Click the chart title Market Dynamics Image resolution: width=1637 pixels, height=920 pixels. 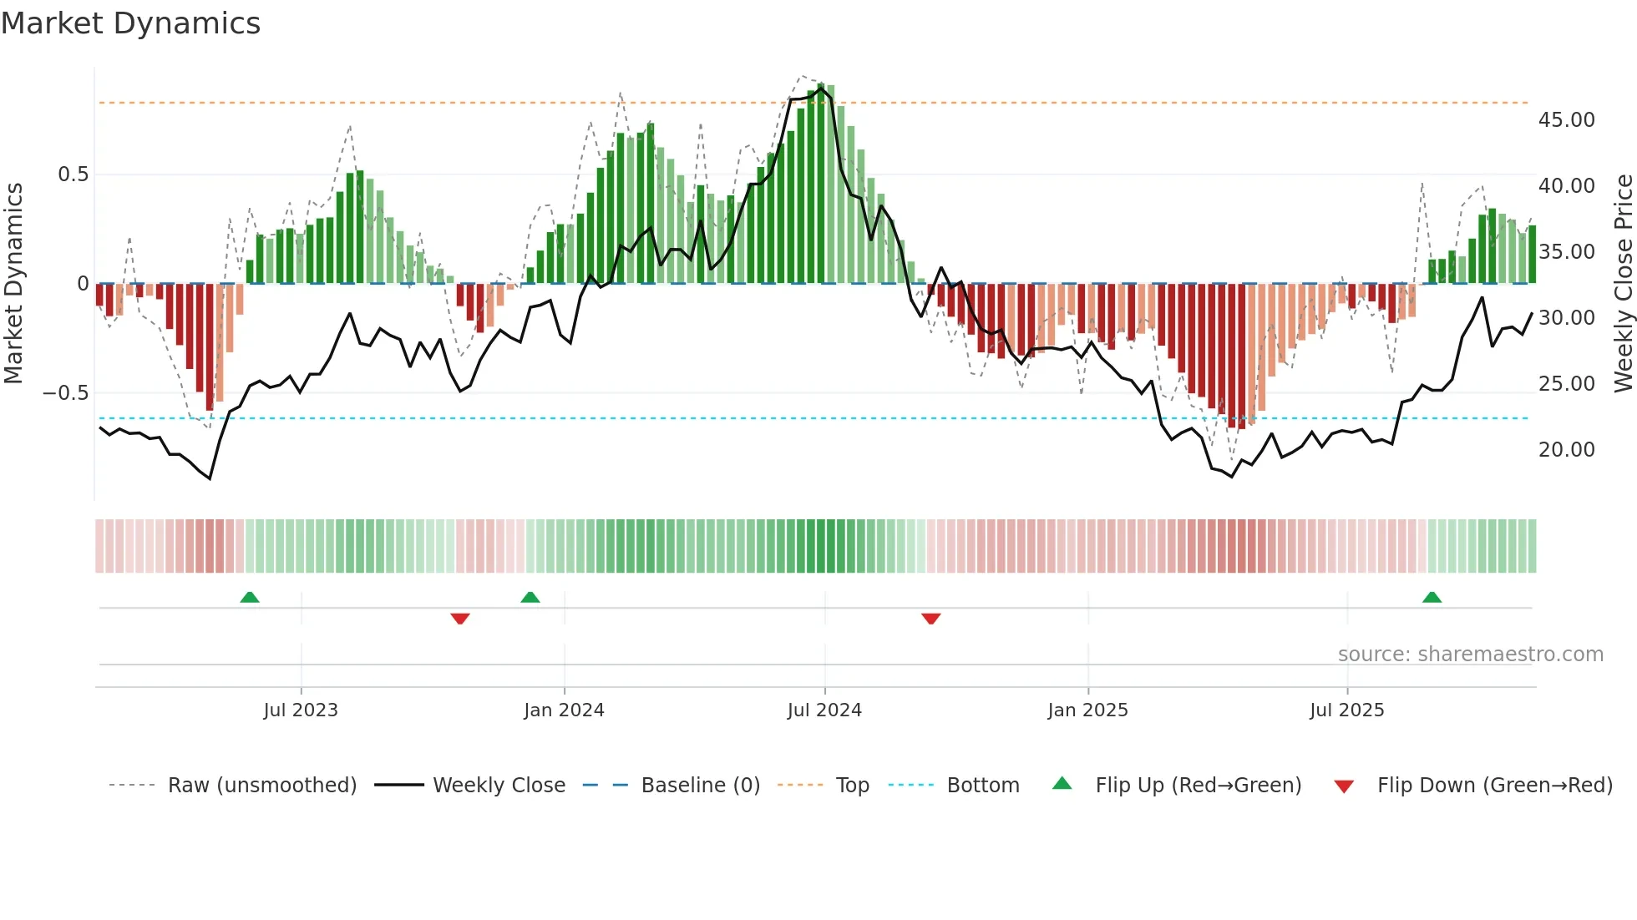coord(130,23)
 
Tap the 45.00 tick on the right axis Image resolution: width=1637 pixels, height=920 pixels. coord(1566,120)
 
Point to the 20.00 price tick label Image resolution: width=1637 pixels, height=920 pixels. coord(1566,450)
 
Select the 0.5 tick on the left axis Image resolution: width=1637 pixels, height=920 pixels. coord(73,174)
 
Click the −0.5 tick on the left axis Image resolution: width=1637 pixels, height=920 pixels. coord(66,393)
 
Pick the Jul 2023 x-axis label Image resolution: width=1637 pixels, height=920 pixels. coord(301,710)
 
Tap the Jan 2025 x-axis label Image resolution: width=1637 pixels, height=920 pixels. coord(1087,710)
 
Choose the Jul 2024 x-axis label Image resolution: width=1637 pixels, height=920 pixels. coord(824,710)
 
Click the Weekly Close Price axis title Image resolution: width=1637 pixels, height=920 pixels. coord(1623,284)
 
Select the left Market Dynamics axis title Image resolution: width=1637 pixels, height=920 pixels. coord(13,284)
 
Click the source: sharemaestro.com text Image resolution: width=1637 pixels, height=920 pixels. coord(1470,655)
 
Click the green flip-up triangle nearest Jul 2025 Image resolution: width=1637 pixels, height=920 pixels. coord(1432,598)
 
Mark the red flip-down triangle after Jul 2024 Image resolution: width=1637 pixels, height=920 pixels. coord(931,619)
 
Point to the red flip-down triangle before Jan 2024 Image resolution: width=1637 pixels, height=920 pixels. coord(460,619)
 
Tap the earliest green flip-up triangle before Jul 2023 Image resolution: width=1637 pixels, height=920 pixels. coord(250,598)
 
